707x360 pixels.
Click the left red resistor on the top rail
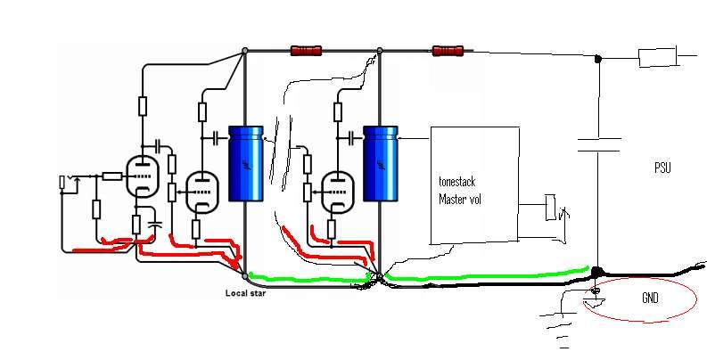click(305, 51)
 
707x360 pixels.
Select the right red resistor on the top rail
click(448, 51)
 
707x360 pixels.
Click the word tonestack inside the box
click(457, 181)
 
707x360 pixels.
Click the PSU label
click(661, 168)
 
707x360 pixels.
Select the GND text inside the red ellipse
click(650, 299)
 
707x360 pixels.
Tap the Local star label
click(246, 293)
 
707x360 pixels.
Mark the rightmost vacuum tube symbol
click(336, 189)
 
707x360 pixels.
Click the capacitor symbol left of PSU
click(598, 144)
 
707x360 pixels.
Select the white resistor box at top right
click(657, 60)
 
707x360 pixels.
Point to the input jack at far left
click(62, 183)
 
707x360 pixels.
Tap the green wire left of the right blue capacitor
click(303, 280)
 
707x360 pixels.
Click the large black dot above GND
click(598, 270)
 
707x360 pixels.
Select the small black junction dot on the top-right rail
click(598, 60)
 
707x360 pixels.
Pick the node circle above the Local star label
click(245, 276)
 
